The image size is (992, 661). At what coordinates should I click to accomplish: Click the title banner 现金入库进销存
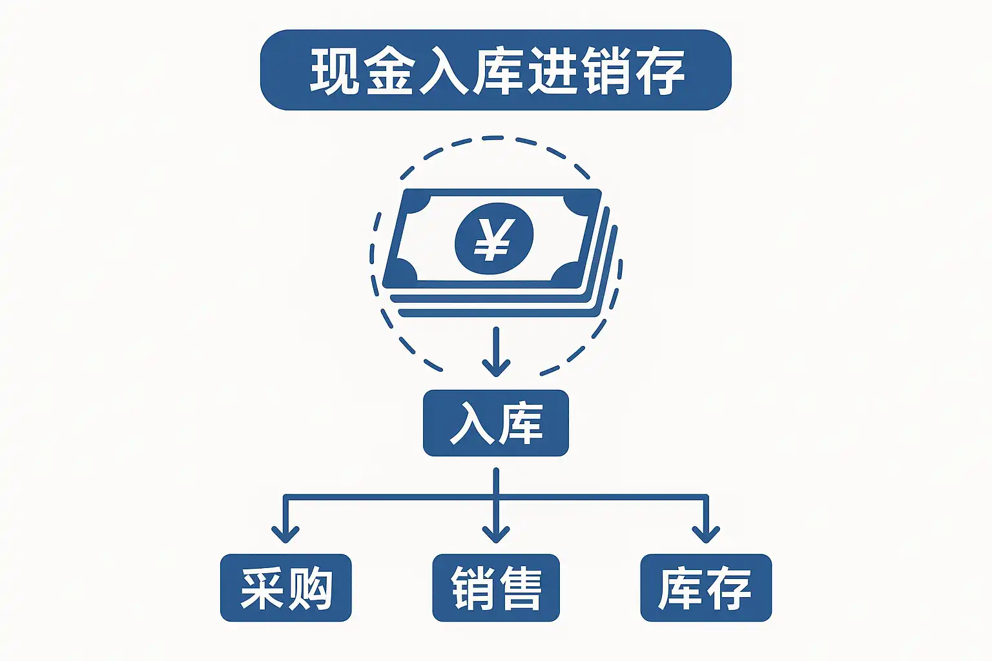[495, 70]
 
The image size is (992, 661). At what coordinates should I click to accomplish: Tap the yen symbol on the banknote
[494, 238]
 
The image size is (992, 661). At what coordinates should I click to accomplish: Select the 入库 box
[495, 423]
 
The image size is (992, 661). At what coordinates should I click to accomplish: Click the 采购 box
[285, 588]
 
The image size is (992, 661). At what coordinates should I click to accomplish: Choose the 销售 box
[495, 588]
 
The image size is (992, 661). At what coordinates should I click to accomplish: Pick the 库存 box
[705, 588]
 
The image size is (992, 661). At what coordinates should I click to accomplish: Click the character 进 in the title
[551, 71]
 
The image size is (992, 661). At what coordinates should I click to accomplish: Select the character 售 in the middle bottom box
[519, 589]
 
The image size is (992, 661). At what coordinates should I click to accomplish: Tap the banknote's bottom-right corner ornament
[568, 274]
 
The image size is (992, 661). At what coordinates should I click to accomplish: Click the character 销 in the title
[605, 71]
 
